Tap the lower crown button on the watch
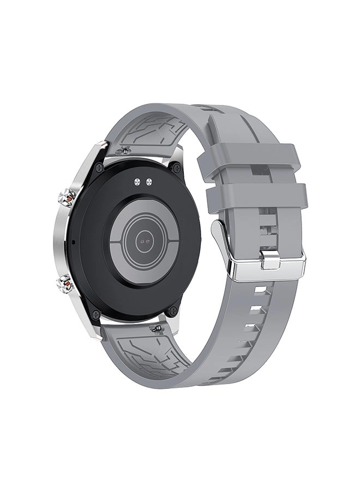(x=65, y=283)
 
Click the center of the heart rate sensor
(x=144, y=239)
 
